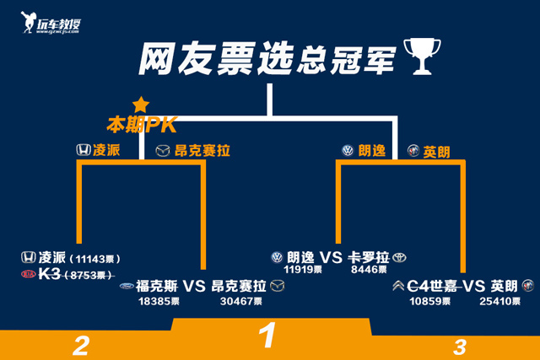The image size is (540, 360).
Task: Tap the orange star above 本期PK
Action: pyautogui.click(x=140, y=105)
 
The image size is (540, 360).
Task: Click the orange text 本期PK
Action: pyautogui.click(x=140, y=125)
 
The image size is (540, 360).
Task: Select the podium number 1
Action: pyautogui.click(x=268, y=336)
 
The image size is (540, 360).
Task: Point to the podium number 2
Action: pyautogui.click(x=81, y=345)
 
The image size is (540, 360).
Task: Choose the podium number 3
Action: pyautogui.click(x=460, y=346)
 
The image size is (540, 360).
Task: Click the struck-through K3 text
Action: pyautogui.click(x=49, y=275)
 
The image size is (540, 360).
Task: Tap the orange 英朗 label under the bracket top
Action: pyautogui.click(x=436, y=152)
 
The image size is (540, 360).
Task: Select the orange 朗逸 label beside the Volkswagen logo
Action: pyautogui.click(x=371, y=151)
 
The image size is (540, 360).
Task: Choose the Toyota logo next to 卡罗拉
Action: pyautogui.click(x=399, y=257)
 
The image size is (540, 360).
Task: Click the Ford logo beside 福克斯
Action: pyautogui.click(x=127, y=286)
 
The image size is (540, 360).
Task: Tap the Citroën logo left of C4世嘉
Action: pyautogui.click(x=397, y=286)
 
